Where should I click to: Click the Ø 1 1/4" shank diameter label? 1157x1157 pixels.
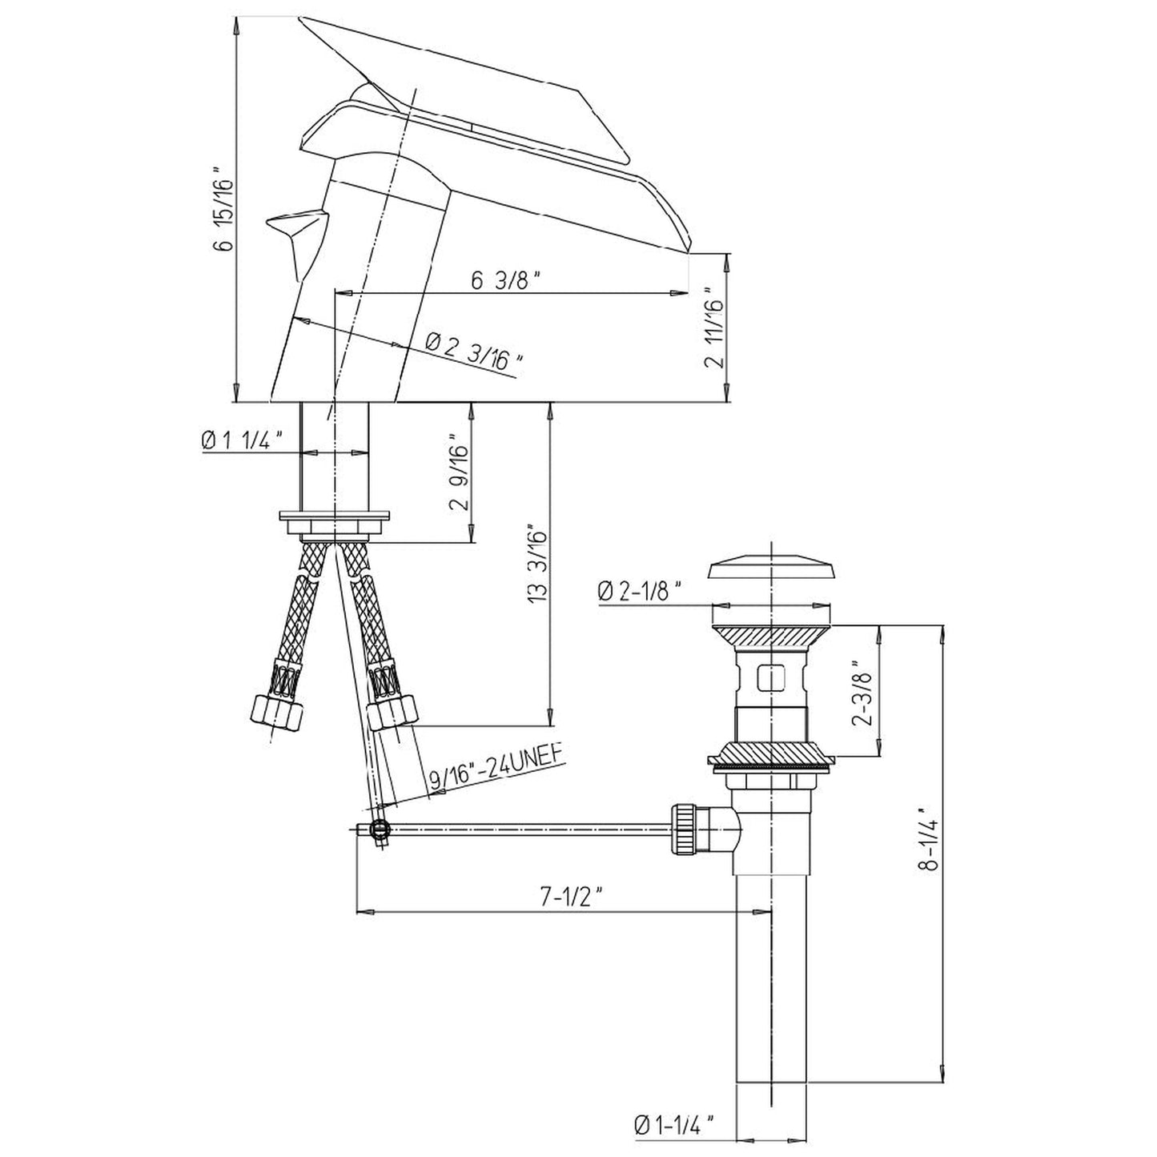pyautogui.click(x=243, y=440)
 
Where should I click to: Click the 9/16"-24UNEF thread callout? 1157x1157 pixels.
pyautogui.click(x=492, y=769)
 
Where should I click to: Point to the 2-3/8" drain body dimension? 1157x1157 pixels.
pyautogui.click(x=862, y=693)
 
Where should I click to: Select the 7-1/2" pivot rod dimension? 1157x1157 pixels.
pyautogui.click(x=570, y=898)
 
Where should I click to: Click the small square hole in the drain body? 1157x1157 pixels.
pyautogui.click(x=772, y=679)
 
